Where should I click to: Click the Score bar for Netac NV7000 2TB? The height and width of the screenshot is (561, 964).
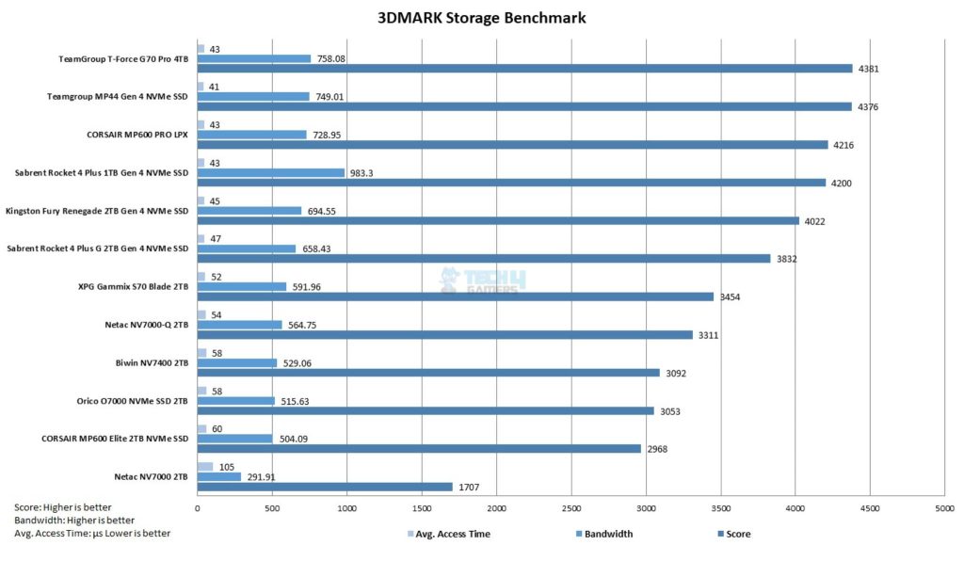point(325,487)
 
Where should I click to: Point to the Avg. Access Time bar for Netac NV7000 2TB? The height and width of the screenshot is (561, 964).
point(205,467)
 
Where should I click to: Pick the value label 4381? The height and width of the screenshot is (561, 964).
point(867,69)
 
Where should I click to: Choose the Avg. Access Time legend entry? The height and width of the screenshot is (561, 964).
point(449,534)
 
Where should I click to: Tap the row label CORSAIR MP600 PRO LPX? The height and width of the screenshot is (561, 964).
point(132,134)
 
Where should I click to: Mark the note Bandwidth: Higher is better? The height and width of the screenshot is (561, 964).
point(74,520)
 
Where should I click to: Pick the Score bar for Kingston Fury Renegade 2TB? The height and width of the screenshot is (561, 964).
point(498,221)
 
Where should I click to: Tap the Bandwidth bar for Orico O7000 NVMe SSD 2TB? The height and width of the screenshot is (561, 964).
point(236,401)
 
